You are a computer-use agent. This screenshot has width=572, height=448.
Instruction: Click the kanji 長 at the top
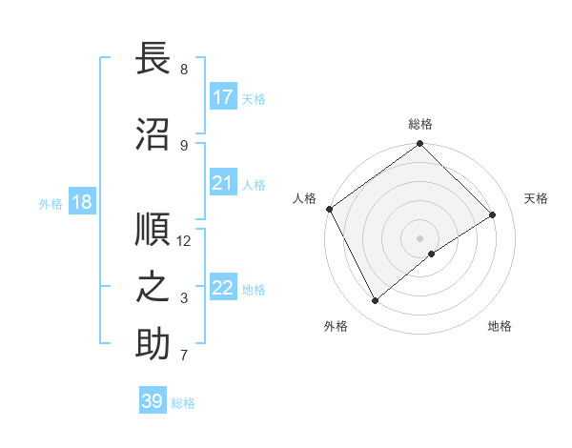[x=153, y=59]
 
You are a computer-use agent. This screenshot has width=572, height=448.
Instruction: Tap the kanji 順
[x=153, y=230]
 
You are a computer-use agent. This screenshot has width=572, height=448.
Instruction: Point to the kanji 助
[x=153, y=344]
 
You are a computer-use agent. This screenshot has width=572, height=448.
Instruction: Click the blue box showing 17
[x=223, y=97]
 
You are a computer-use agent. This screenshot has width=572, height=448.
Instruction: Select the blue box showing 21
[x=223, y=183]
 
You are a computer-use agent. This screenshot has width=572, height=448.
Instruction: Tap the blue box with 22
[x=223, y=288]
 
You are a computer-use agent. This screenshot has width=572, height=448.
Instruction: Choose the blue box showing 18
[x=82, y=202]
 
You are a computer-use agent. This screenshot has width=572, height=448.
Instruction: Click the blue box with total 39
[x=153, y=401]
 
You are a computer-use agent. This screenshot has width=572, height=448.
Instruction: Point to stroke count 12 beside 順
[x=185, y=240]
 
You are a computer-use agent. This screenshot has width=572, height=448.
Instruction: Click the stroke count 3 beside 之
[x=184, y=298]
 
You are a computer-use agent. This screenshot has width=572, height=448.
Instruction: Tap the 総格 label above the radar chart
[x=420, y=124]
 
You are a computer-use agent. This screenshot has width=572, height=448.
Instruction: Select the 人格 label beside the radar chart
[x=305, y=198]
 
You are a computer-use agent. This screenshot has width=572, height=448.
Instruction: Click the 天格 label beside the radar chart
[x=537, y=198]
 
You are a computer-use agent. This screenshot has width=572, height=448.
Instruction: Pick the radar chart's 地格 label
[x=500, y=326]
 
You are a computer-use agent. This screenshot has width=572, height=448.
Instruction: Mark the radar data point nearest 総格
[x=419, y=145]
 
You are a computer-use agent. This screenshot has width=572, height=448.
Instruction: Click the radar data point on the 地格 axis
[x=432, y=254]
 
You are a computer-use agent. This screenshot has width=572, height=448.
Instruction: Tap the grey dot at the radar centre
[x=419, y=237]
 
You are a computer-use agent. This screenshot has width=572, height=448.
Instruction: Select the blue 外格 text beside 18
[x=50, y=203]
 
